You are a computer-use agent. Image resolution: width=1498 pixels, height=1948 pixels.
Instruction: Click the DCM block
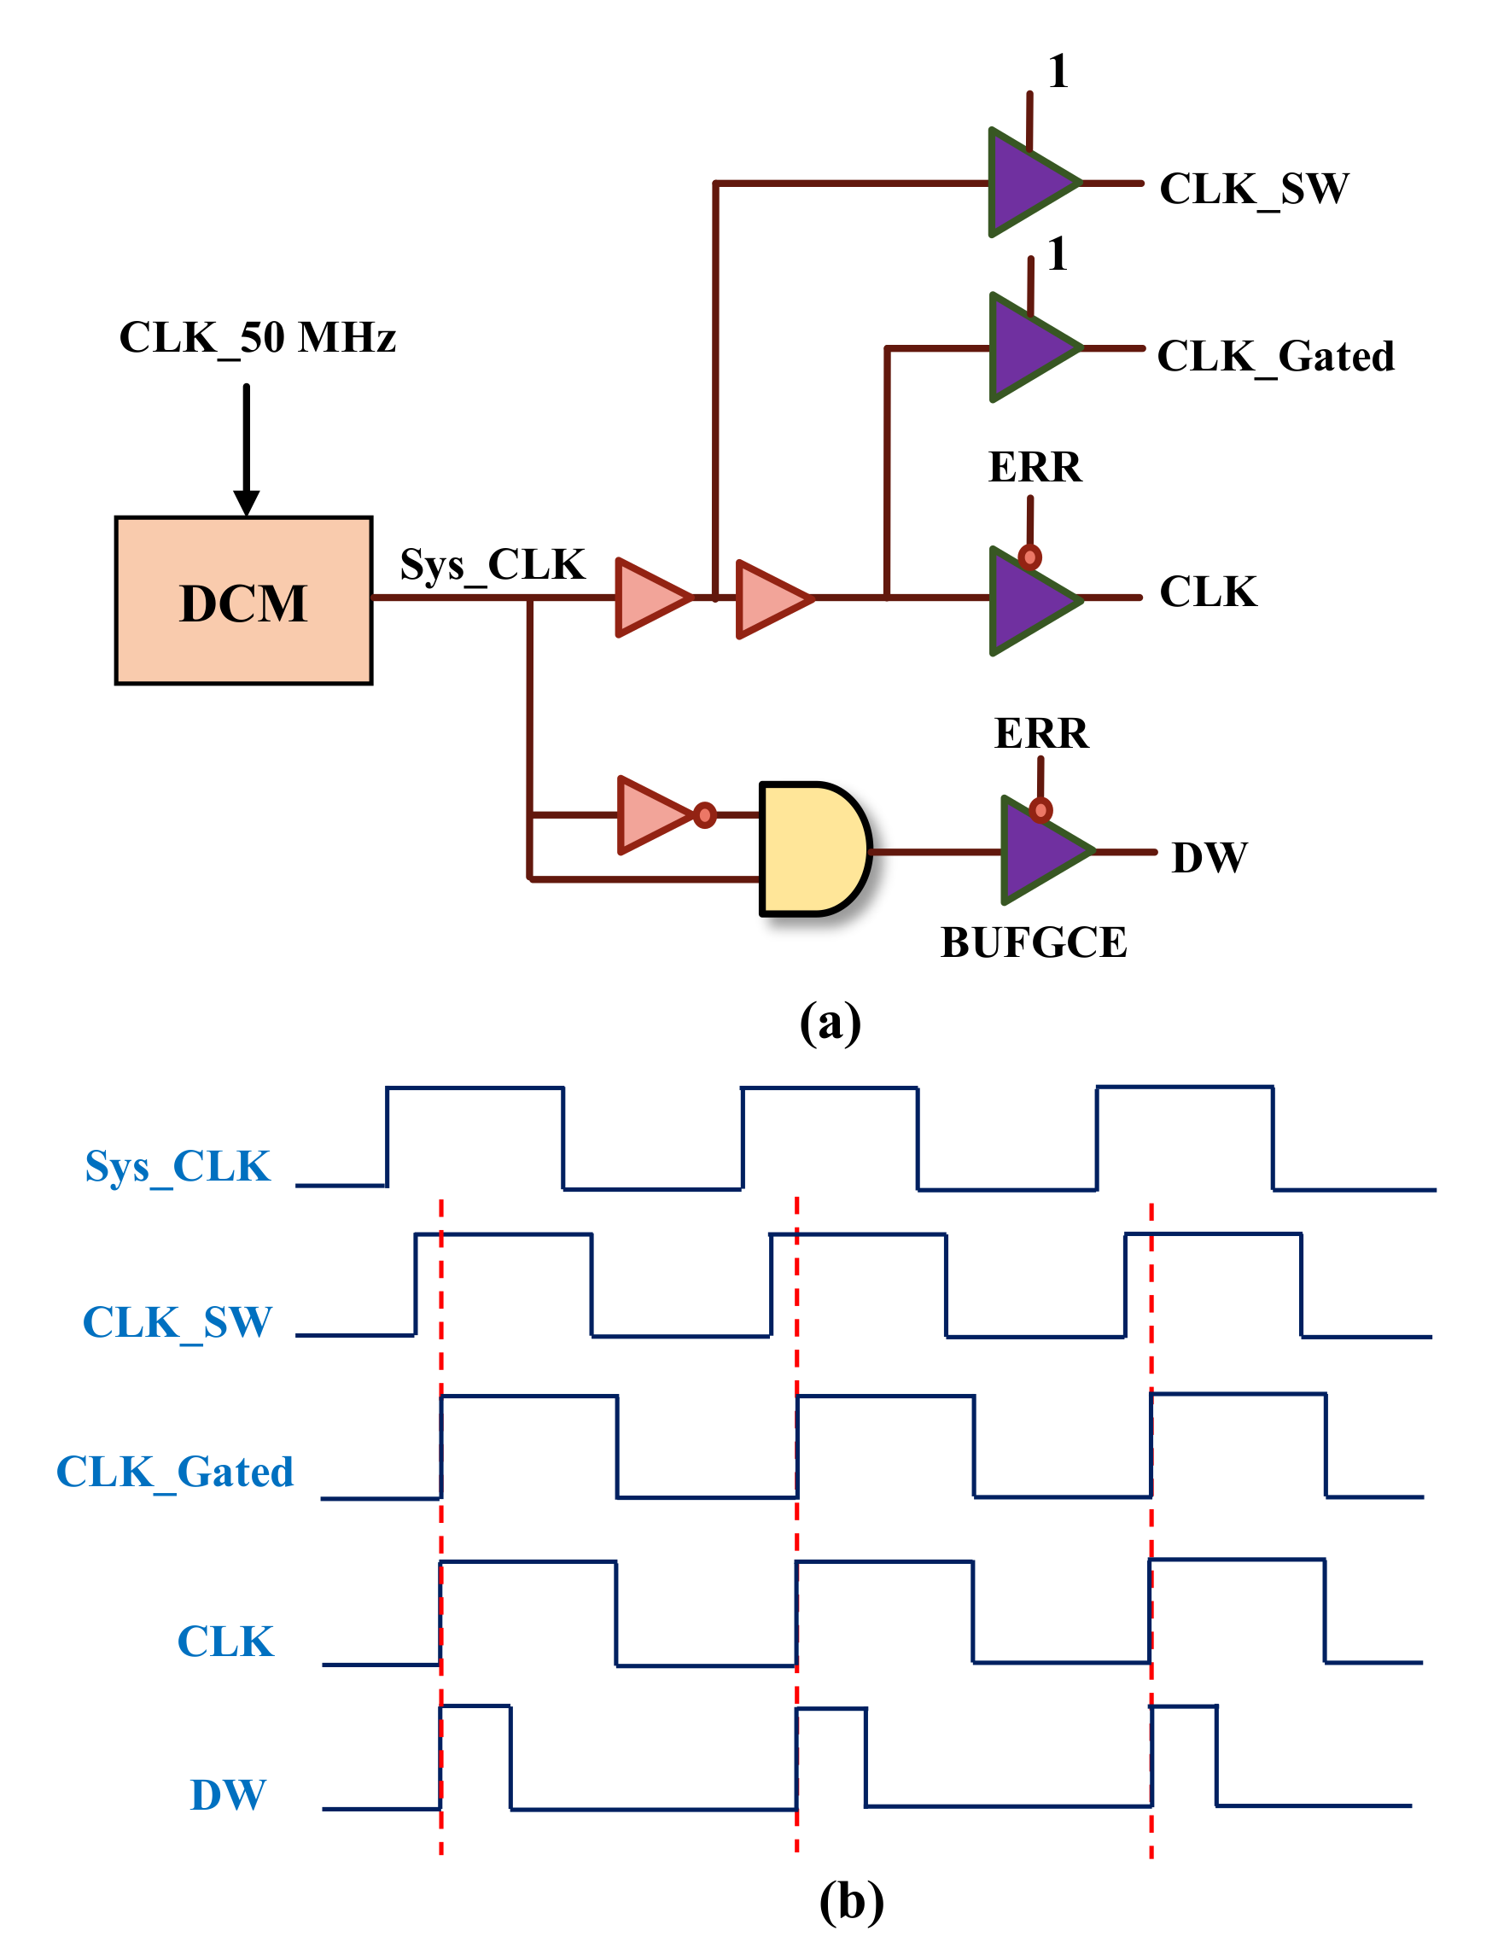242,601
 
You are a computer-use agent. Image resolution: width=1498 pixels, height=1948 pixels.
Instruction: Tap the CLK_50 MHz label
257,338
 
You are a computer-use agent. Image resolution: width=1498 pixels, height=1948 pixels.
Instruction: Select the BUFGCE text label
1033,942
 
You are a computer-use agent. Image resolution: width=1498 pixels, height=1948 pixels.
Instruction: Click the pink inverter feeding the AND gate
654,814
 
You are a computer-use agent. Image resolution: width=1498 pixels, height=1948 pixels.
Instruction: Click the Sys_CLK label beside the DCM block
492,564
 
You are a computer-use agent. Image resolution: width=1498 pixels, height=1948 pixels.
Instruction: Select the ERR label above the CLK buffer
1035,467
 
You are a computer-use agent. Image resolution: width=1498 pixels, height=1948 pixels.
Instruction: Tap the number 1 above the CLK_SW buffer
1058,72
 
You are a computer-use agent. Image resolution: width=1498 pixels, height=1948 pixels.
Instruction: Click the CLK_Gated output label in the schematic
1274,357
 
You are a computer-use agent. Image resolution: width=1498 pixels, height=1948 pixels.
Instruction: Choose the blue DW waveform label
228,1794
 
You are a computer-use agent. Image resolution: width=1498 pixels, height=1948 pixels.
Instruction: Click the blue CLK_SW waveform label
177,1322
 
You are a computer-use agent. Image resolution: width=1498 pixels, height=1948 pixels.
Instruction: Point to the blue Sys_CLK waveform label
178,1166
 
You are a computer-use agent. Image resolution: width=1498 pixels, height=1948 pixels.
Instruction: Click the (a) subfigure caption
830,1022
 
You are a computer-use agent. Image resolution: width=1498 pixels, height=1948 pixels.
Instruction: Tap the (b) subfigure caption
851,1902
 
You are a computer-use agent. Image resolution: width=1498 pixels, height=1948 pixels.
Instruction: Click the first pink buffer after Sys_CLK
650,597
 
